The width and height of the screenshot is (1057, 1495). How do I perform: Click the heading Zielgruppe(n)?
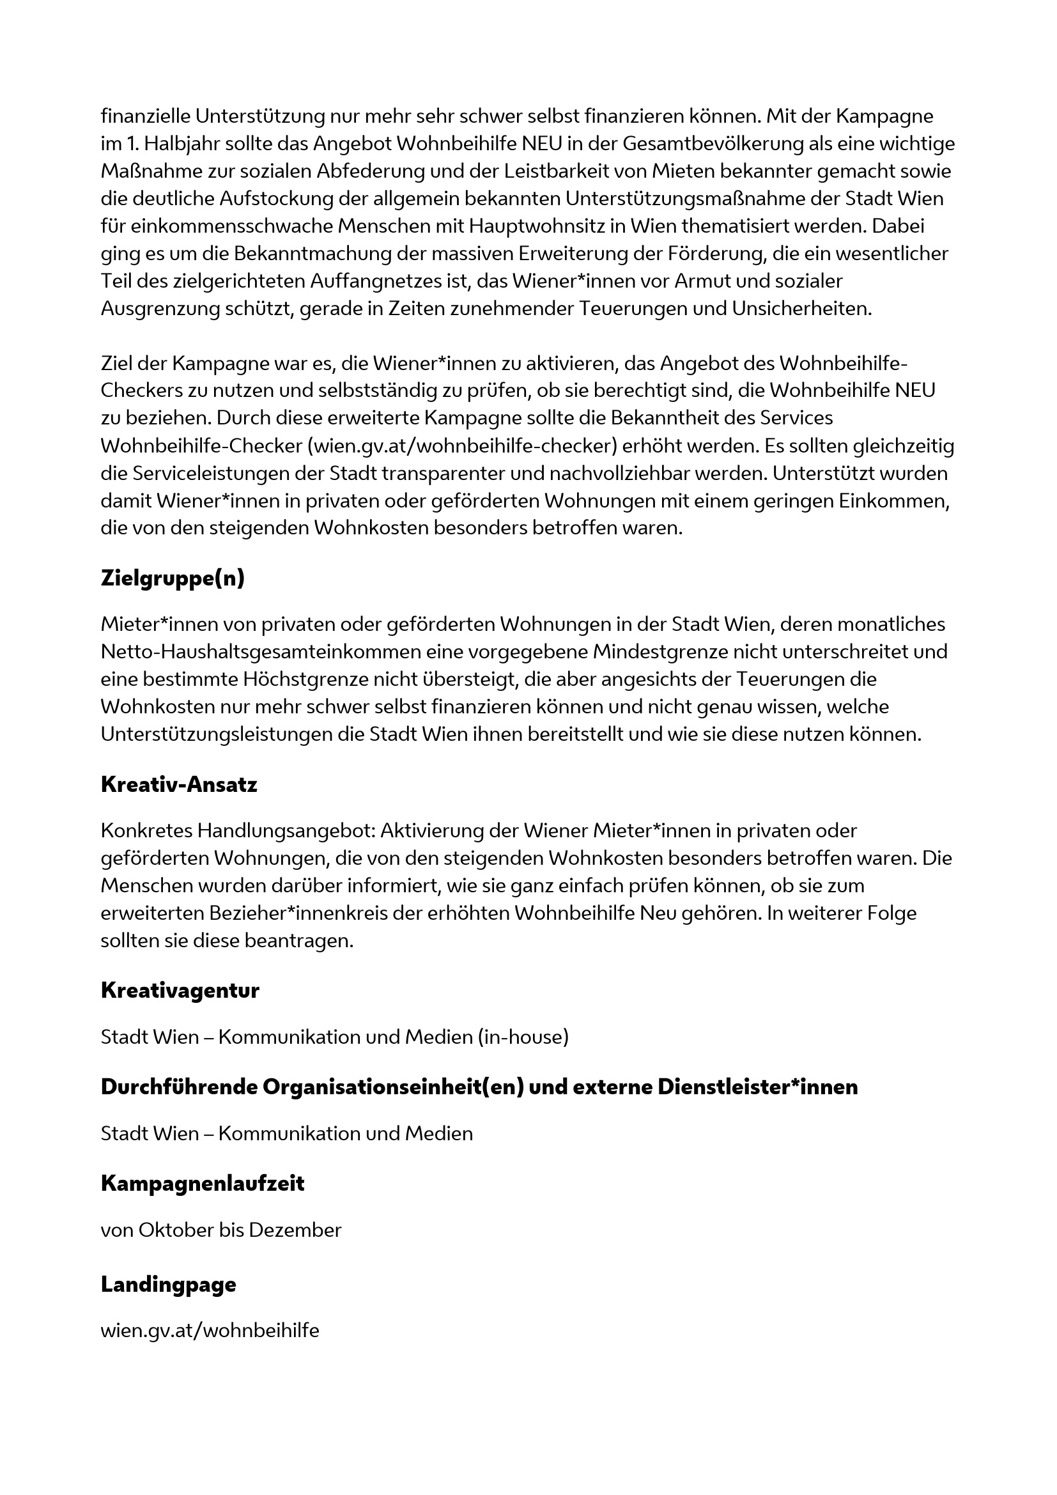(x=173, y=578)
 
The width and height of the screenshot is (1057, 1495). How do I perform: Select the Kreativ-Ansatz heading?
(x=179, y=785)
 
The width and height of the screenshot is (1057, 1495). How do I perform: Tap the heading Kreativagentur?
(x=180, y=990)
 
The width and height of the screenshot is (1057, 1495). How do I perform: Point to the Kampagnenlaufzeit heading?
(x=203, y=1183)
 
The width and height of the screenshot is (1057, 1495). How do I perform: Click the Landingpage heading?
(x=169, y=1285)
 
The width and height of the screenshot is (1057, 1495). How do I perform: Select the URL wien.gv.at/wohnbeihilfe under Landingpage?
(x=210, y=1330)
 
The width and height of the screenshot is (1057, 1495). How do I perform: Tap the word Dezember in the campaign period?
(x=295, y=1230)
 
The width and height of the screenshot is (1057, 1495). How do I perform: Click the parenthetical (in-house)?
(x=523, y=1037)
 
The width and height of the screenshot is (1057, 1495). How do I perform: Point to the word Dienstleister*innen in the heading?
(x=758, y=1087)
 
